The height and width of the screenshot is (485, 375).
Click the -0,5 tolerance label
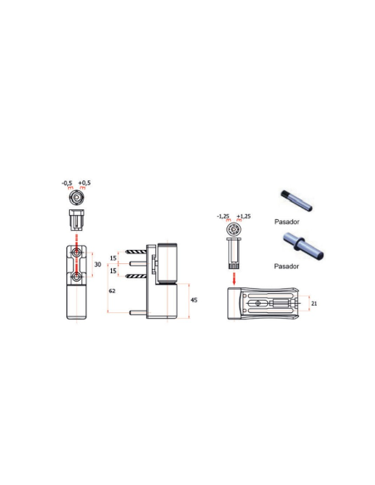[x=66, y=183]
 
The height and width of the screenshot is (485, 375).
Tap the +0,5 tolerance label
[x=85, y=183]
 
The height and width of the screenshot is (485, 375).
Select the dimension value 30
[x=98, y=264]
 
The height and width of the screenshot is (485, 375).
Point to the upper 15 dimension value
[x=113, y=258]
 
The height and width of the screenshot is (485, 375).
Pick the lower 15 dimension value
[x=113, y=271]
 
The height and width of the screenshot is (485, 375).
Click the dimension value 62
[x=112, y=291]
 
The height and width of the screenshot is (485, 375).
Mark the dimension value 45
[x=193, y=300]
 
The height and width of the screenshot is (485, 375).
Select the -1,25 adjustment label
[x=223, y=216]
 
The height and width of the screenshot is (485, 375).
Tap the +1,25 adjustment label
[x=244, y=216]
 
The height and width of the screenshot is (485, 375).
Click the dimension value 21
[x=314, y=304]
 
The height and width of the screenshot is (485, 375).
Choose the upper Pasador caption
[x=287, y=222]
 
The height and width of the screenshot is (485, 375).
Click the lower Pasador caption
[x=286, y=267]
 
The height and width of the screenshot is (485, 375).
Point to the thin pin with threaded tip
[x=296, y=201]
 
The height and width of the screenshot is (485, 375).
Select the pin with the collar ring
[x=303, y=246]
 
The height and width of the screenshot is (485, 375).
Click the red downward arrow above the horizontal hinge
[x=234, y=278]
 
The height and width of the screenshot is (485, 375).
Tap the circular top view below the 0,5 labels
[x=76, y=198]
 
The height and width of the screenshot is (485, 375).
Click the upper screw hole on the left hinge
[x=75, y=252]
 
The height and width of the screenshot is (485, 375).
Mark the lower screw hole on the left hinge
[x=75, y=277]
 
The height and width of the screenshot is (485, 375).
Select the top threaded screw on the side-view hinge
[x=136, y=252]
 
